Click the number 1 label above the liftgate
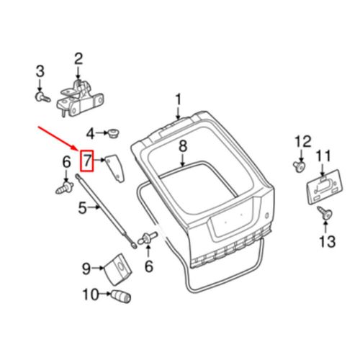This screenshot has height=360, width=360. coord(179,99)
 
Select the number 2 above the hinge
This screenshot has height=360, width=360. coord(78,58)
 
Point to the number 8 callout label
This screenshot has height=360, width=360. coord(183,146)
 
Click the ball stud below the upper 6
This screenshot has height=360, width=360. coord(63,189)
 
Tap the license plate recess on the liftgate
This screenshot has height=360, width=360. coord(230,226)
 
